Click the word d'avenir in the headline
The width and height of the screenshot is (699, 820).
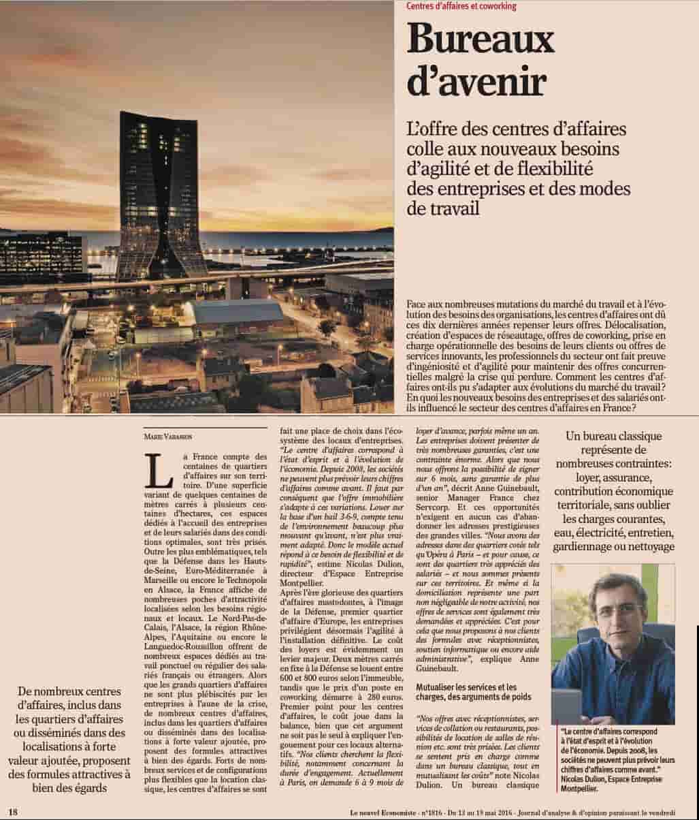[477, 82]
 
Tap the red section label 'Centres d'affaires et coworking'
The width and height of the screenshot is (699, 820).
[461, 6]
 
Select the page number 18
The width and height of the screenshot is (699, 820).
[12, 811]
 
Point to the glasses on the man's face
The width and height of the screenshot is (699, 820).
[618, 610]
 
